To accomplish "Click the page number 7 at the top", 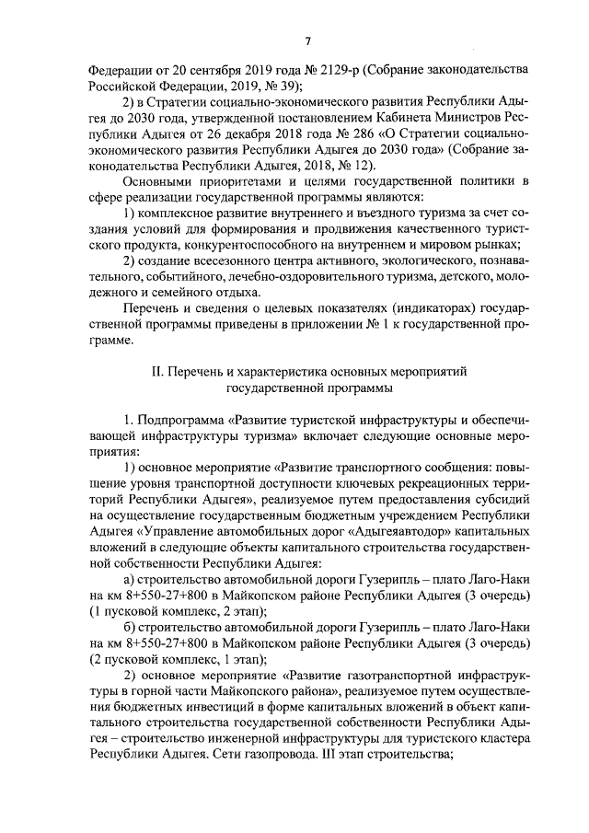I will point(308,40).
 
